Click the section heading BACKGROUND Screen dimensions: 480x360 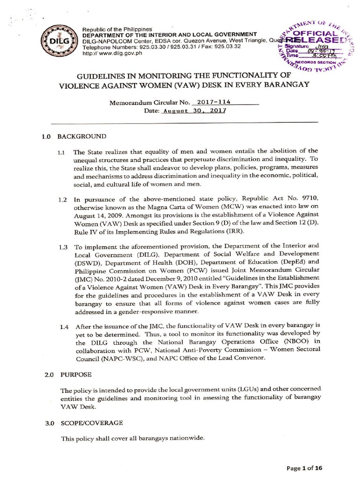tap(82, 136)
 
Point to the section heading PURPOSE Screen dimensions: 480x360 tap(75, 375)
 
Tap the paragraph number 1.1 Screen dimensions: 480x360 tap(63, 153)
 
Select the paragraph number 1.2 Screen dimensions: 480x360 tap(63, 200)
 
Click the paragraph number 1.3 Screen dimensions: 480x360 tap(63, 246)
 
